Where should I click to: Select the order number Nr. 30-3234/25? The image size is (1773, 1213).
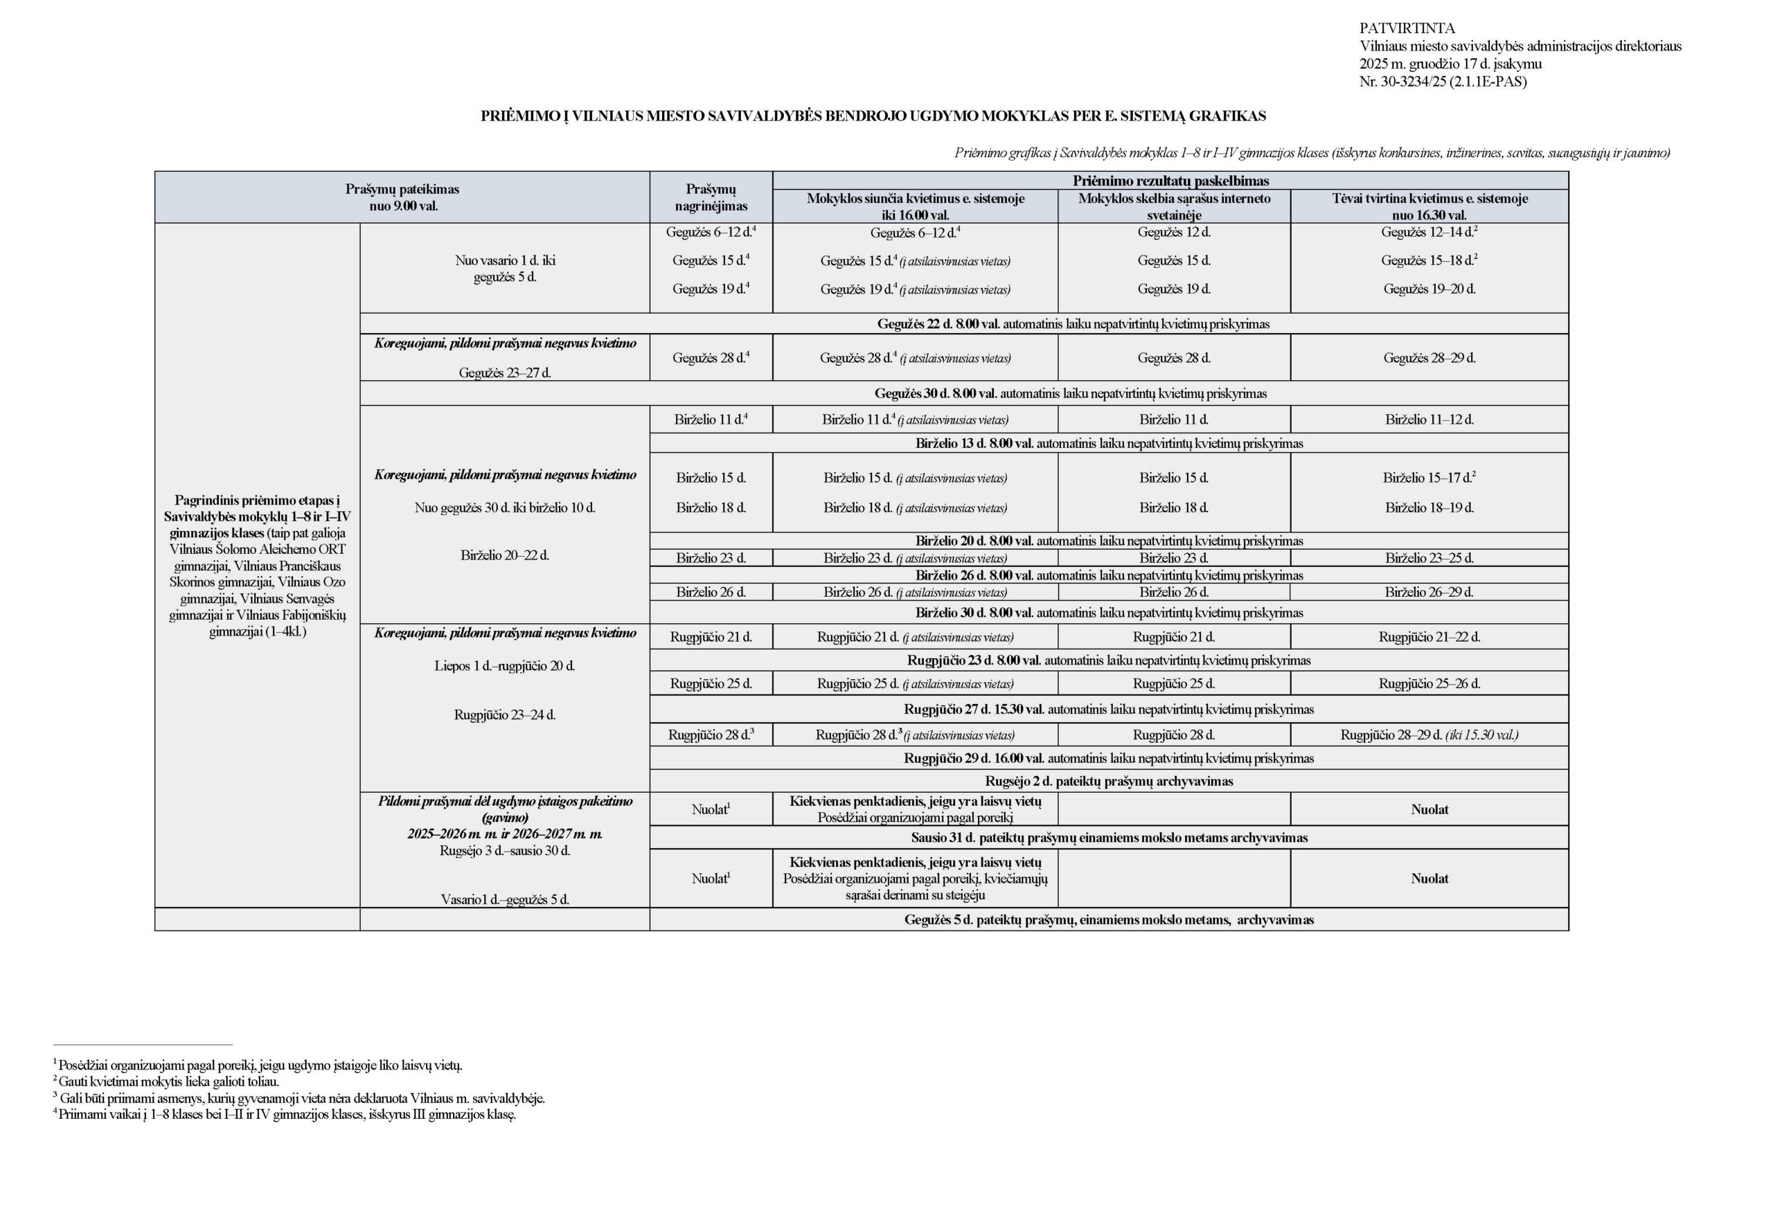pyautogui.click(x=1443, y=82)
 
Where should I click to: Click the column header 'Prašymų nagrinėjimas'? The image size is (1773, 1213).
pyautogui.click(x=711, y=197)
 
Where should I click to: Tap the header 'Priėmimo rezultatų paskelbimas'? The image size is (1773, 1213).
pyautogui.click(x=1170, y=181)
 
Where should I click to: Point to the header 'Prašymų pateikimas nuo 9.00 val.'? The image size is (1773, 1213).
pyautogui.click(x=402, y=197)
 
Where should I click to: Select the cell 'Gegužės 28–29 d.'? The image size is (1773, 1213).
pyautogui.click(x=1429, y=358)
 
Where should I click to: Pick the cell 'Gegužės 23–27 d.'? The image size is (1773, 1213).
pyautogui.click(x=504, y=373)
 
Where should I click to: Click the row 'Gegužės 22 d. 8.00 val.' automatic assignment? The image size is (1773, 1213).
pyautogui.click(x=1073, y=324)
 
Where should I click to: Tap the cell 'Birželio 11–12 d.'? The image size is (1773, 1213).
pyautogui.click(x=1429, y=420)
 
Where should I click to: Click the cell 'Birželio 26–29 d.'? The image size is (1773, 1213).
pyautogui.click(x=1429, y=592)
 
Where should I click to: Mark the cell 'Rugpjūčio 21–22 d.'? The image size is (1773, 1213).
pyautogui.click(x=1429, y=637)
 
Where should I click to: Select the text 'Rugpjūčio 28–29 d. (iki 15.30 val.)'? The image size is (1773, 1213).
pyautogui.click(x=1429, y=735)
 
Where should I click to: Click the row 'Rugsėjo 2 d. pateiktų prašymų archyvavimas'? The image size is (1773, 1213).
pyautogui.click(x=1109, y=781)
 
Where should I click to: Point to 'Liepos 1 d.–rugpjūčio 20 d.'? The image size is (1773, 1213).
pyautogui.click(x=504, y=666)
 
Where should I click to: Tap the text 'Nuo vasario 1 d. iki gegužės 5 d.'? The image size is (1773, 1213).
pyautogui.click(x=504, y=269)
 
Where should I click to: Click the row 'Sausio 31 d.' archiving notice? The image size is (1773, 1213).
pyautogui.click(x=1109, y=838)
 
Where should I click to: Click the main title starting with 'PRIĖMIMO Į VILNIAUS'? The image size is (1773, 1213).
pyautogui.click(x=873, y=116)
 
